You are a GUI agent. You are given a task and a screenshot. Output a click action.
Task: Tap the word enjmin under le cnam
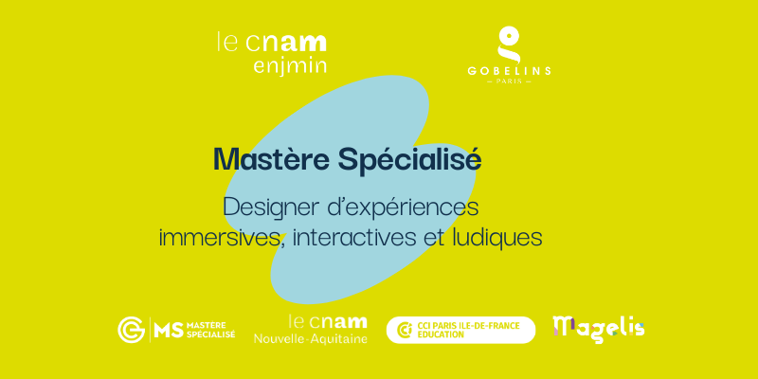(x=290, y=65)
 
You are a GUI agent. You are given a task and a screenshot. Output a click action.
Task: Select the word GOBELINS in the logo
(x=509, y=71)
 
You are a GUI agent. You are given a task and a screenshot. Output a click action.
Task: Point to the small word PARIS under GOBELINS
(x=509, y=81)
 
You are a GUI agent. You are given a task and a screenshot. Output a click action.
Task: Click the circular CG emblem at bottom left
(x=131, y=330)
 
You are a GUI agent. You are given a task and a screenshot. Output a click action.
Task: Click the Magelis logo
(x=599, y=329)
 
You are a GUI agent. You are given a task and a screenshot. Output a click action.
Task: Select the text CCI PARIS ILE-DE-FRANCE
(x=468, y=326)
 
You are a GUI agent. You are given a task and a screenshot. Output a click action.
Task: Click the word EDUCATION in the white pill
(x=441, y=334)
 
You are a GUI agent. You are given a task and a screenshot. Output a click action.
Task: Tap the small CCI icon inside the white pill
(x=405, y=330)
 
